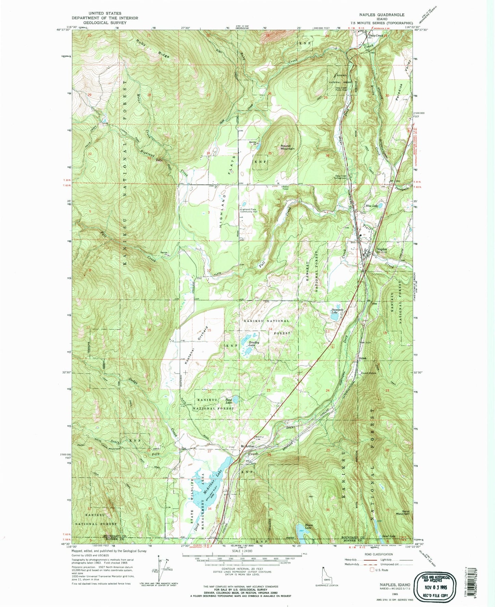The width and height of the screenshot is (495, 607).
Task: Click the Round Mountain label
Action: click(287, 147)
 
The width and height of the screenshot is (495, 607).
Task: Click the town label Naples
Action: click(382, 249)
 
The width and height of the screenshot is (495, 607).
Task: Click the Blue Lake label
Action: click(371, 206)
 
